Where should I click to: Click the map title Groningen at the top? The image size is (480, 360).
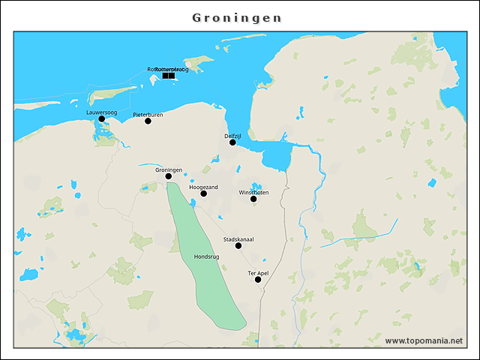[237, 17]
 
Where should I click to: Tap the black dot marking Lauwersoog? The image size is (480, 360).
[102, 118]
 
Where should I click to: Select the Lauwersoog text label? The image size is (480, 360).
[101, 112]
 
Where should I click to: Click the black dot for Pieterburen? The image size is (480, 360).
[148, 121]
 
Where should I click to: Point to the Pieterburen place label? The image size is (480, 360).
[148, 114]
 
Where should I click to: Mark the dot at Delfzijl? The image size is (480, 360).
[232, 142]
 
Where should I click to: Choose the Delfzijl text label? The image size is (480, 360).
[232, 136]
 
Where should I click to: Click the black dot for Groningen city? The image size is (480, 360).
[169, 176]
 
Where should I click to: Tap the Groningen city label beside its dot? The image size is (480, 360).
[169, 169]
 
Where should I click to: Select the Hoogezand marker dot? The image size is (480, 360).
[203, 193]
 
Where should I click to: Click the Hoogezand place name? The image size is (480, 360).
[203, 187]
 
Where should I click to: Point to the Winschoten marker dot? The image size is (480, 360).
[253, 199]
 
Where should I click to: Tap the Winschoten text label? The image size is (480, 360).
[253, 192]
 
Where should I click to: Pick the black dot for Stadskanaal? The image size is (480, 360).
[238, 246]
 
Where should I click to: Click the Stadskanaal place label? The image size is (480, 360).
[238, 239]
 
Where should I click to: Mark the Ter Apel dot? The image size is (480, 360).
[258, 280]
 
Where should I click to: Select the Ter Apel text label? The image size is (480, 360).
[258, 273]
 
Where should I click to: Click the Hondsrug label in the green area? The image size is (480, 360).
[206, 256]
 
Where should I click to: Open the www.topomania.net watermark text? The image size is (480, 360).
[424, 340]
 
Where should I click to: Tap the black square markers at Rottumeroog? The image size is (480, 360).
[168, 76]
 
